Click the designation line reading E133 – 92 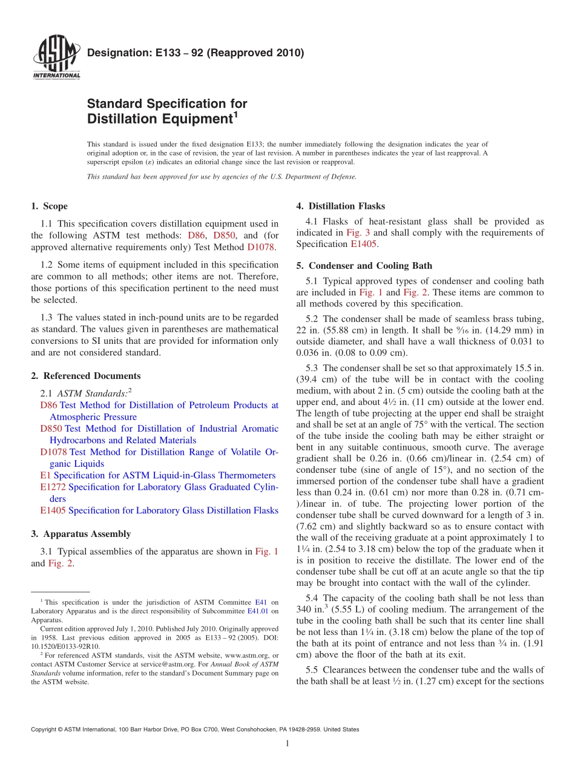pos(195,53)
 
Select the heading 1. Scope pos(49,206)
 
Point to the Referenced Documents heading pos(85,376)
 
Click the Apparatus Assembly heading pos(80,534)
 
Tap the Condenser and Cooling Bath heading pos(365,265)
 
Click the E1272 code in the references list pos(53,487)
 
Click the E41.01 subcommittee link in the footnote pos(258,611)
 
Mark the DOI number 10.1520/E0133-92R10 pos(65,647)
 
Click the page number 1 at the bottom pos(287,743)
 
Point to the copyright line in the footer pos(195,729)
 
